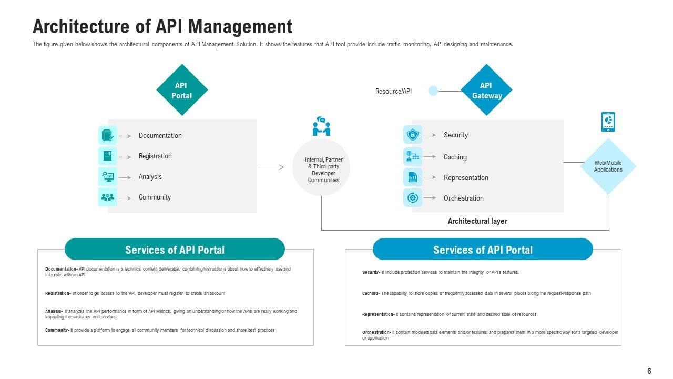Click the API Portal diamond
[182, 90]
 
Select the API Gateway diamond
[486, 90]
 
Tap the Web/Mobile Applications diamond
[608, 166]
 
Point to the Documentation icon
[108, 135]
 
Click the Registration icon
[108, 156]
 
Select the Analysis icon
[108, 176]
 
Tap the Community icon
[108, 197]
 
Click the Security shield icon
[413, 135]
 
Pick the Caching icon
[413, 156]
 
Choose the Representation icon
[413, 177]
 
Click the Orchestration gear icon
[413, 198]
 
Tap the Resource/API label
[393, 92]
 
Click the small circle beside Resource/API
[433, 91]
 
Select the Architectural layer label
[477, 221]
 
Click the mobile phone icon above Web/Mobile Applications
[608, 122]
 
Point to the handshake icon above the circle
[321, 126]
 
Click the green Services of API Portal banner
[175, 250]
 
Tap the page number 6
[649, 371]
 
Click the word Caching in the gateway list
[455, 157]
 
